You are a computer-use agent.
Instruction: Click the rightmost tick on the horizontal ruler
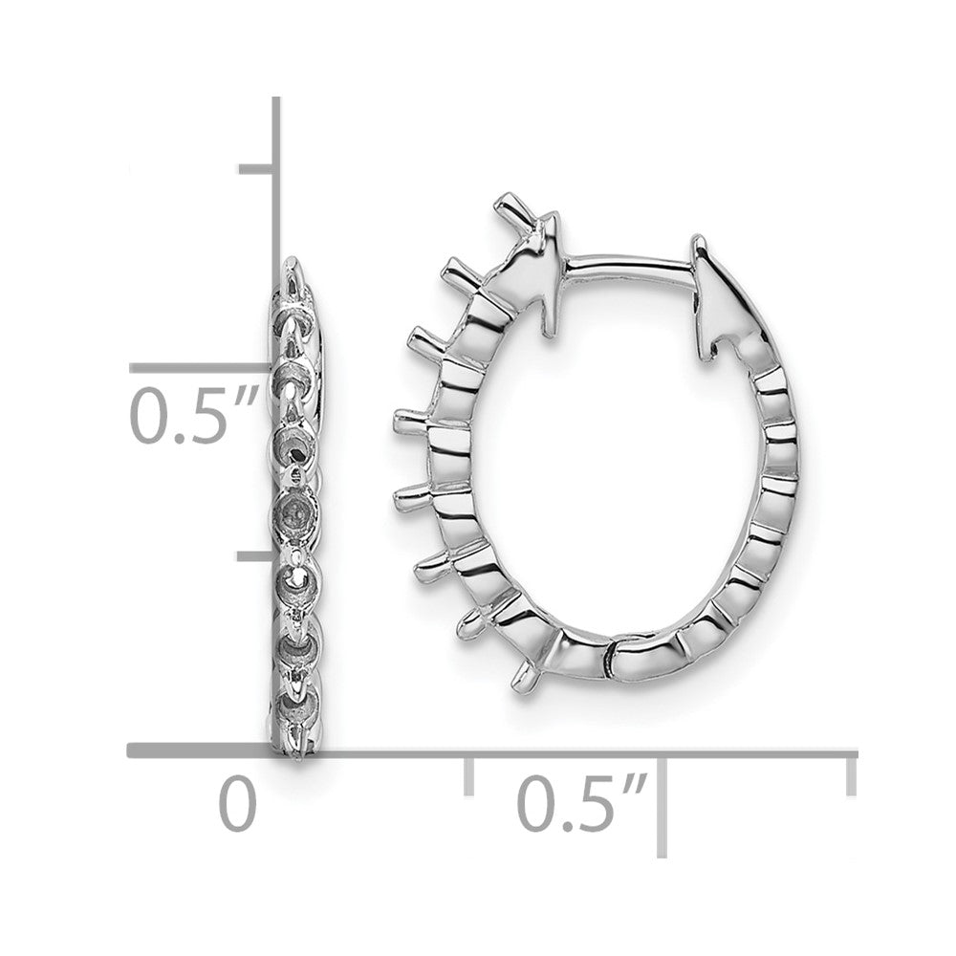[x=850, y=773]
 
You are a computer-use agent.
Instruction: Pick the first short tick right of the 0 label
[x=468, y=774]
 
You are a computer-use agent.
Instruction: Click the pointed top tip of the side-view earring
[x=292, y=260]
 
